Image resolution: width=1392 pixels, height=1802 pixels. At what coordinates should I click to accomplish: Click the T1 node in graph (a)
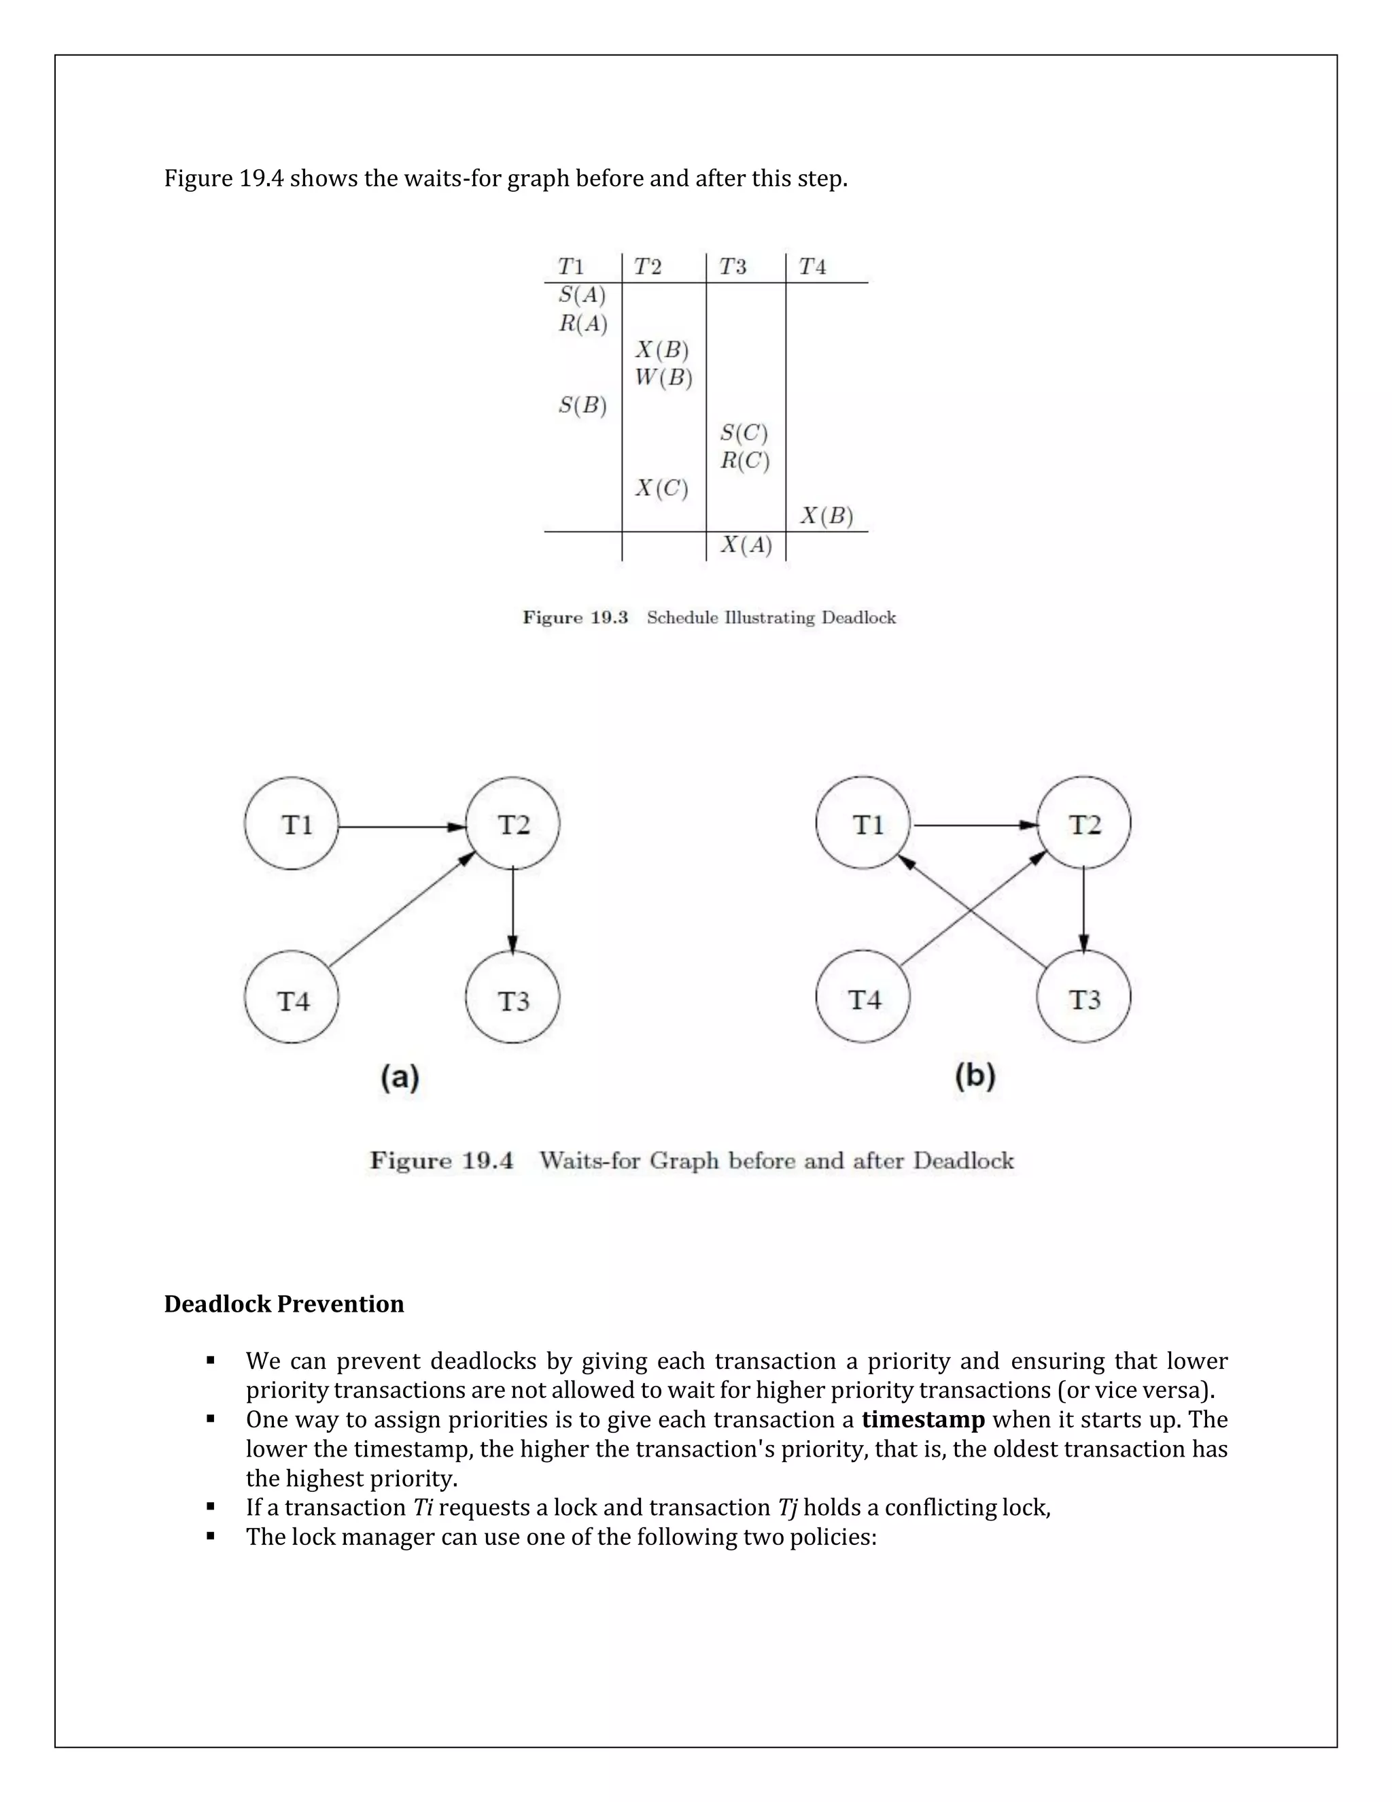(291, 823)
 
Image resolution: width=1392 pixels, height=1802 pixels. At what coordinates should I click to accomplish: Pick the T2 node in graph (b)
(1083, 823)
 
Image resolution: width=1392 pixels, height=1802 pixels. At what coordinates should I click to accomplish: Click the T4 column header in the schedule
(812, 267)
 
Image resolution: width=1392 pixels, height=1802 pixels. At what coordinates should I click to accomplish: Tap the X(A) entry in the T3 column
(746, 545)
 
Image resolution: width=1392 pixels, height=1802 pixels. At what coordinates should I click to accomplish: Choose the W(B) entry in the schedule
(663, 379)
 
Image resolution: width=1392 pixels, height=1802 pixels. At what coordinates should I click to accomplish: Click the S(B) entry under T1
(582, 406)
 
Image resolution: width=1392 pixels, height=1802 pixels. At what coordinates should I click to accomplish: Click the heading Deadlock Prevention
(283, 1304)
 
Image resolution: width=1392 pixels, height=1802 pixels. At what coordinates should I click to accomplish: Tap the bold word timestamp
(923, 1420)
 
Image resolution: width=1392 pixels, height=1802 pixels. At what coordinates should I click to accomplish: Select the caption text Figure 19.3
(575, 618)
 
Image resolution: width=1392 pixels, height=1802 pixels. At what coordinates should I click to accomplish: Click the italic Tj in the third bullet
(788, 1508)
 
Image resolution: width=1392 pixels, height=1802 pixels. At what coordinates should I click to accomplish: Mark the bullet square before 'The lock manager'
(211, 1536)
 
